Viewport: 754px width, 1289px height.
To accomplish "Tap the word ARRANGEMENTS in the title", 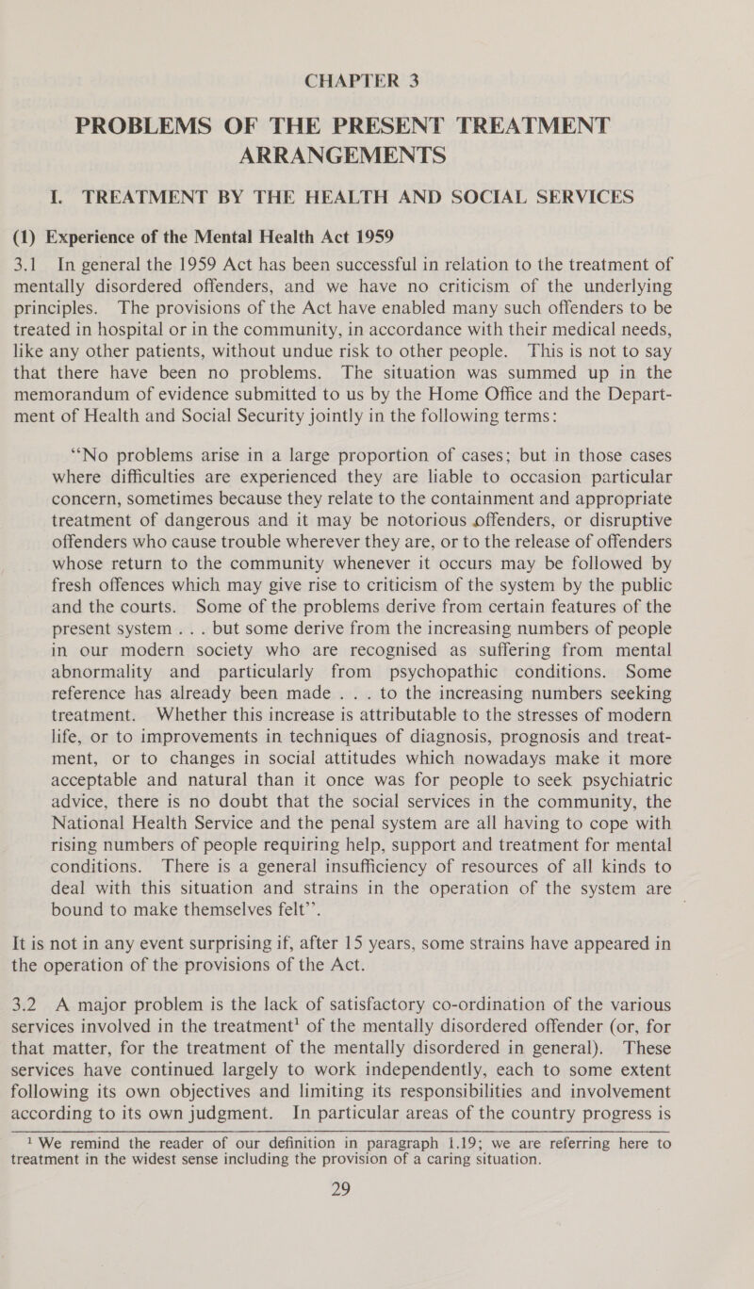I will coord(376,104).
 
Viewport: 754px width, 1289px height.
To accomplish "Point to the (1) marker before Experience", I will coord(25,183).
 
